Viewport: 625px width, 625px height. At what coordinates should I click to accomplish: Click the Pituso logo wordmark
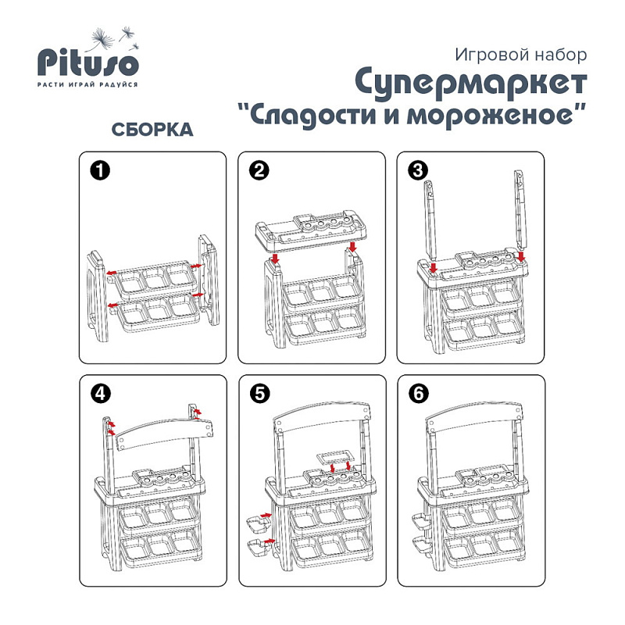pyautogui.click(x=87, y=62)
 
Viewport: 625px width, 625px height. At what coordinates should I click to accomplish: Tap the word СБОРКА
pyautogui.click(x=152, y=130)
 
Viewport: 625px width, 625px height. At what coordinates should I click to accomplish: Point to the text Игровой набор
pyautogui.click(x=520, y=55)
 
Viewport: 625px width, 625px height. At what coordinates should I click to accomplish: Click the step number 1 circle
pyautogui.click(x=100, y=170)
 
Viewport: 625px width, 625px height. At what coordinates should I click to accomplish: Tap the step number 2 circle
pyautogui.click(x=259, y=170)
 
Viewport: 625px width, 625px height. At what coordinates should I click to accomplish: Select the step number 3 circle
pyautogui.click(x=418, y=170)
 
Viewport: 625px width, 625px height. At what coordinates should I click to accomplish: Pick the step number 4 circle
pyautogui.click(x=101, y=394)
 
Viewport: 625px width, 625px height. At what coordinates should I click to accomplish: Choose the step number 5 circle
pyautogui.click(x=260, y=394)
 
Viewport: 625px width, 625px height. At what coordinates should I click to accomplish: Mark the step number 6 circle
pyautogui.click(x=419, y=394)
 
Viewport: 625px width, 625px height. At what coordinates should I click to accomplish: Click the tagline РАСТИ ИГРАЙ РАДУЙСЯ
pyautogui.click(x=87, y=84)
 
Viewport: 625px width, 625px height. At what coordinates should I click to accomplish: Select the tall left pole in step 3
pyautogui.click(x=430, y=220)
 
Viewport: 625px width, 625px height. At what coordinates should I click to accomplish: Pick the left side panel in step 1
pyautogui.click(x=98, y=295)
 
